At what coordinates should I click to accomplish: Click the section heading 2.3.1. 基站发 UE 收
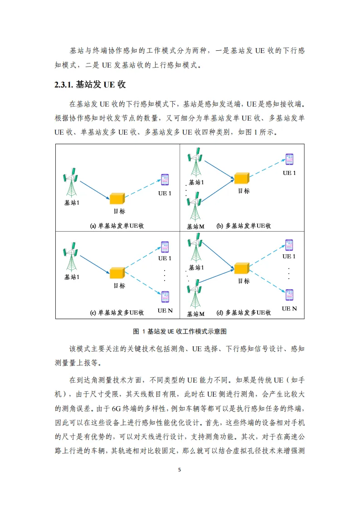(90, 85)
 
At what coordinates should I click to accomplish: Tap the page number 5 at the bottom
(180, 470)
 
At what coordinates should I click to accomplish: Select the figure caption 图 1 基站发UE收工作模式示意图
(180, 331)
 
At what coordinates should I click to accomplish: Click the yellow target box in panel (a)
(117, 199)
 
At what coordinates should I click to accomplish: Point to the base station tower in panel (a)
(71, 183)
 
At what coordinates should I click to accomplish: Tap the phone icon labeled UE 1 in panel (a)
(165, 179)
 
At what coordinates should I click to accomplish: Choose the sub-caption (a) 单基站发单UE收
(117, 226)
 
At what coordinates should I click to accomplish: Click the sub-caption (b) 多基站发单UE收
(244, 226)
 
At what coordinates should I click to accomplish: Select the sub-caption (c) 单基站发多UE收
(117, 313)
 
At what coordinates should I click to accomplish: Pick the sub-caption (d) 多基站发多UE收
(244, 313)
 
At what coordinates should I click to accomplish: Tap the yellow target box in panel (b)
(242, 178)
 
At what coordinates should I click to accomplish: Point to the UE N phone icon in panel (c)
(165, 297)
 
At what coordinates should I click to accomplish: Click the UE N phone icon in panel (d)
(289, 295)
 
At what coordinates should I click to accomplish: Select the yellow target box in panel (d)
(242, 268)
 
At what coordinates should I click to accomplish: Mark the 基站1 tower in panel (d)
(195, 247)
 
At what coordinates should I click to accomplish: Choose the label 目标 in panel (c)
(119, 286)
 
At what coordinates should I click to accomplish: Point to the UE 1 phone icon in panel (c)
(165, 247)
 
